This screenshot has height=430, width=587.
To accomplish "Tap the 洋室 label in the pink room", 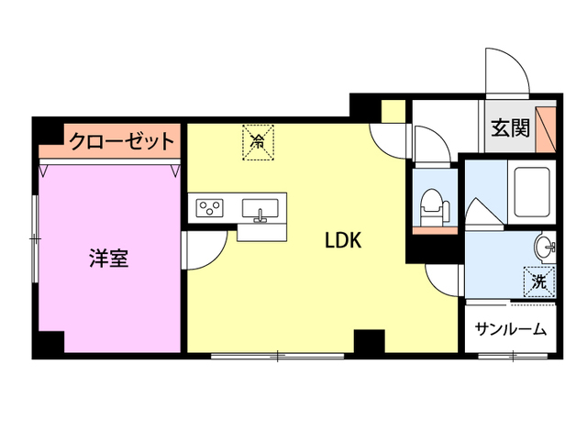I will click(x=108, y=259).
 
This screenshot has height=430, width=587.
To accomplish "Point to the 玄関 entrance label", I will click(x=509, y=127).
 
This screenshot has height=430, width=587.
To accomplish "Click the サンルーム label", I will click(x=511, y=329).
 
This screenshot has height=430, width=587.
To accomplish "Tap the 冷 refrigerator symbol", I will click(x=258, y=142).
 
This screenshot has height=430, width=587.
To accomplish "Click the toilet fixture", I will click(x=428, y=204).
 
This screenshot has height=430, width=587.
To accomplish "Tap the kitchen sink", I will click(x=261, y=210).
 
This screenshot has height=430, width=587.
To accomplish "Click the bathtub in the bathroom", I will click(x=532, y=193).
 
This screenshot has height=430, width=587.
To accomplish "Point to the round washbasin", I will click(x=544, y=246).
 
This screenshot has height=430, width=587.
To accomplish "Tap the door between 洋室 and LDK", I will click(x=202, y=249).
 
